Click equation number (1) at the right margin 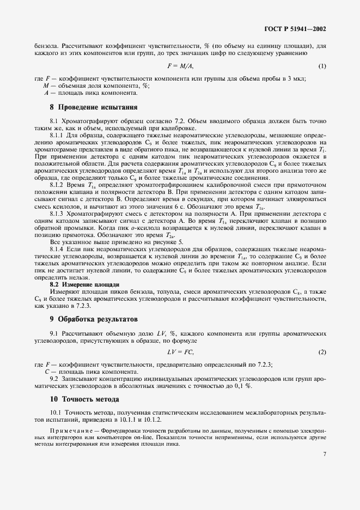pyautogui.click(x=322, y=66)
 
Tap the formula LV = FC pyautogui.click(x=180, y=352)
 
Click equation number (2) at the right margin pyautogui.click(x=322, y=352)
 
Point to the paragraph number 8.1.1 pyautogui.click(x=58, y=134)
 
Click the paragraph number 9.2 pyautogui.click(x=55, y=378)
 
